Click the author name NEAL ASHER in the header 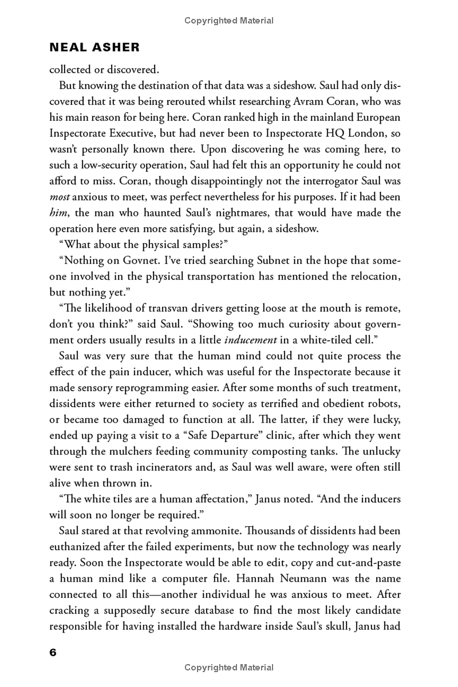[94, 47]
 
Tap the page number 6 [53, 653]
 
